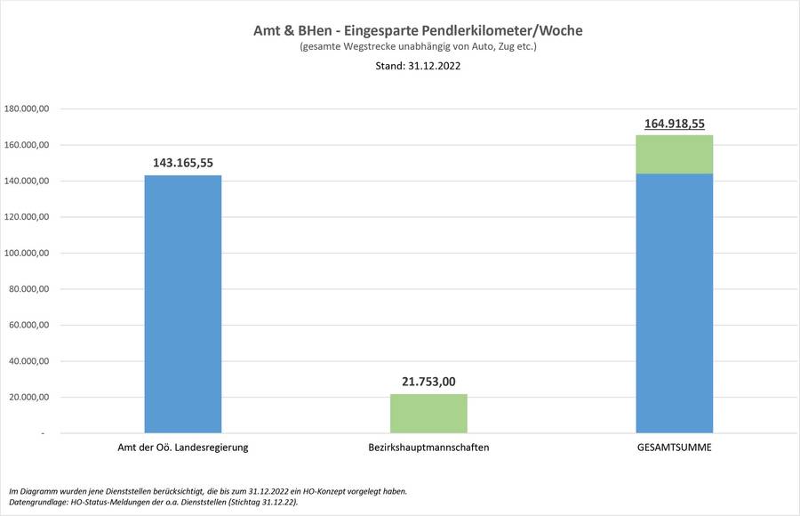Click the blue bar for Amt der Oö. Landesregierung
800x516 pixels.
coord(182,303)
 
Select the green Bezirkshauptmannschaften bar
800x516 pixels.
coord(428,413)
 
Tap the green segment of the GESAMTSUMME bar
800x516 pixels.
coord(675,154)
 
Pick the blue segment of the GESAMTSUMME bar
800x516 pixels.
coord(675,302)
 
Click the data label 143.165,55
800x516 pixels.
coord(182,163)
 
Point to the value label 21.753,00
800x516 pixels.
coord(428,382)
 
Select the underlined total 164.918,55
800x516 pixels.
coord(675,124)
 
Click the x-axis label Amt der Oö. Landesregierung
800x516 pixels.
coord(182,447)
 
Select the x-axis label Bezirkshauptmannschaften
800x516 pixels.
coord(428,447)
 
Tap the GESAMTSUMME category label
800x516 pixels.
coord(675,447)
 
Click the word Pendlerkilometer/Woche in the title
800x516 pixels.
coord(513,30)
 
